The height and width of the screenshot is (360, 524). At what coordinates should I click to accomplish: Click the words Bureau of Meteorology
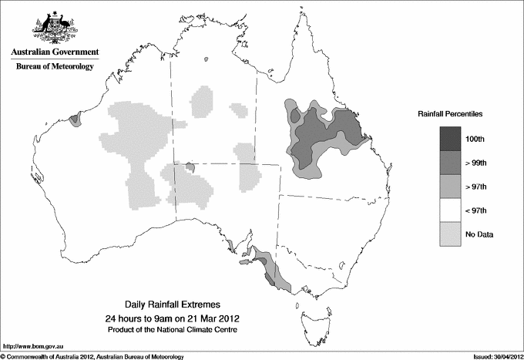click(x=55, y=66)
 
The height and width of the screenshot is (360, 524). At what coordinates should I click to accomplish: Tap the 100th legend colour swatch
click(x=452, y=139)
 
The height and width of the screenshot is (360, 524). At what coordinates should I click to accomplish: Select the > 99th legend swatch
click(x=452, y=163)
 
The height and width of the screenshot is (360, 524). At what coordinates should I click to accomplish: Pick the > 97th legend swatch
click(x=452, y=187)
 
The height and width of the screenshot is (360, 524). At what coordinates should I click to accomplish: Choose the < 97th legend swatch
click(x=452, y=210)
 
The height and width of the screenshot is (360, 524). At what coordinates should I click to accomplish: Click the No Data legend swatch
click(x=452, y=234)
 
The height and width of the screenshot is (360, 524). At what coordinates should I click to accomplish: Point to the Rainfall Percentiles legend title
click(x=450, y=113)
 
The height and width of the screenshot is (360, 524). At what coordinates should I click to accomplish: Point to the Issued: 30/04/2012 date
click(x=497, y=356)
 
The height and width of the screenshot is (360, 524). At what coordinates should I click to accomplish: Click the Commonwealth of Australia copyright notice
click(x=92, y=356)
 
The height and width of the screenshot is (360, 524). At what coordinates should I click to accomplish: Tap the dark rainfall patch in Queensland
click(x=324, y=131)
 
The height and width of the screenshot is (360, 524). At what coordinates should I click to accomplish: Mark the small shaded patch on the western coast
click(x=75, y=119)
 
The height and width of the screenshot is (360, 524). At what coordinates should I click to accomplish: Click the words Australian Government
click(x=55, y=52)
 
